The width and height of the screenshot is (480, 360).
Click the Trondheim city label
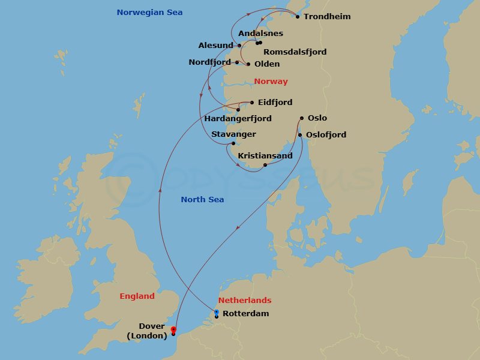click(x=327, y=17)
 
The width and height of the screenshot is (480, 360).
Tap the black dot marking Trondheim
click(x=298, y=17)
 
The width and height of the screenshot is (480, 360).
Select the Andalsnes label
click(x=260, y=34)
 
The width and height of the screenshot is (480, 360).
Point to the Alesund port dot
click(x=239, y=46)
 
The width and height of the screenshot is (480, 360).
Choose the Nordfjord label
click(x=209, y=62)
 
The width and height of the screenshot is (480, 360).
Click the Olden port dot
click(x=248, y=64)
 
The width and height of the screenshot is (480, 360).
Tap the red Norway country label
click(x=271, y=82)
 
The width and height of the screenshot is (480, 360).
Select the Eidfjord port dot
click(x=252, y=103)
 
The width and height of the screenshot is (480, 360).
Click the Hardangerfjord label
click(x=238, y=119)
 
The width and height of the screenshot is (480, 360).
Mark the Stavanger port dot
click(x=233, y=143)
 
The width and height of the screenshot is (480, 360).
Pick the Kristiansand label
click(x=265, y=156)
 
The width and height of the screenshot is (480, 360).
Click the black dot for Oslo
click(x=302, y=119)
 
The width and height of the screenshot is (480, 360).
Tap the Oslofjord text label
click(x=326, y=135)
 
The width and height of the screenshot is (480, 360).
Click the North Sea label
click(x=202, y=200)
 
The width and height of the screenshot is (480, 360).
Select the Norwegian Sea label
click(x=149, y=13)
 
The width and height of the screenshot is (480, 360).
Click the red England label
click(x=137, y=296)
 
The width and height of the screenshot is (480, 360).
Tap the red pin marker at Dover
click(x=173, y=329)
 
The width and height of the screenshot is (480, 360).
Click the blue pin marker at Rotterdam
click(x=217, y=312)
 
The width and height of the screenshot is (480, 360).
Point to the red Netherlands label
click(x=244, y=301)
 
